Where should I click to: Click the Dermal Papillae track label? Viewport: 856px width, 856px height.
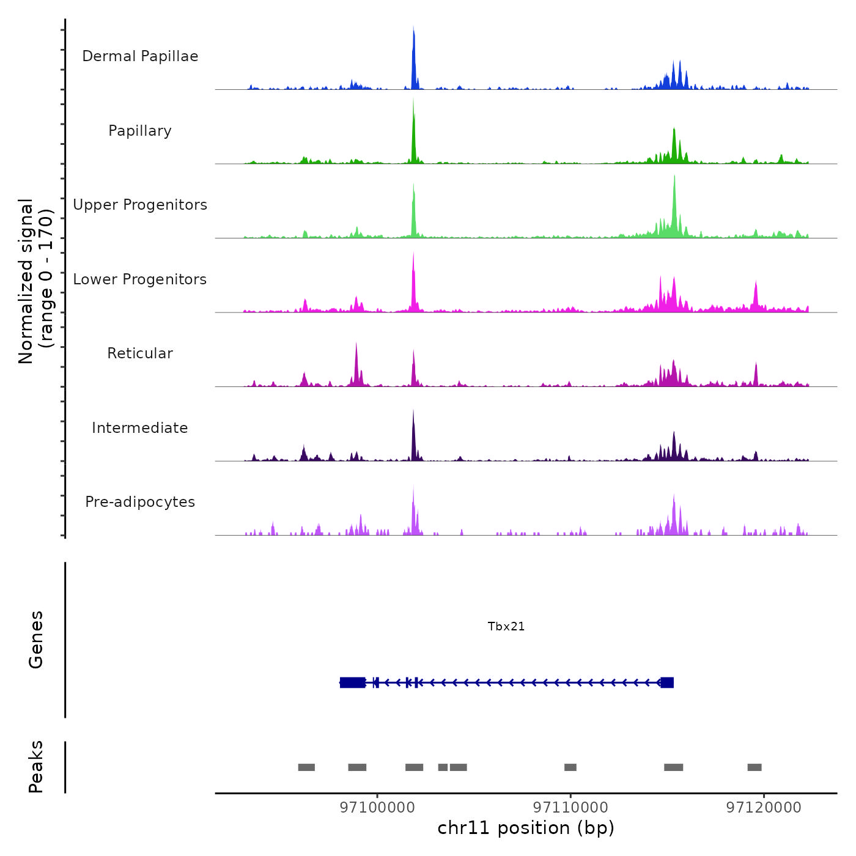[140, 56]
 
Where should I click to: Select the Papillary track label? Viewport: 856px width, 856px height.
[140, 131]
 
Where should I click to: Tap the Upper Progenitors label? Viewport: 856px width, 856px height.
[140, 205]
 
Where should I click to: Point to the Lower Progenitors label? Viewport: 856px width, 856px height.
[140, 279]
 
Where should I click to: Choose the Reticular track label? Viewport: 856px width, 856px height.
[140, 353]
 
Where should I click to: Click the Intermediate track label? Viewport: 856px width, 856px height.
[140, 428]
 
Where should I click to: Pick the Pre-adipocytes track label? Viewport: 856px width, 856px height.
[140, 502]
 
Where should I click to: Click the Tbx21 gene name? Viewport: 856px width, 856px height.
[506, 626]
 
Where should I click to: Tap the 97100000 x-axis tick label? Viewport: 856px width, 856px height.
[377, 807]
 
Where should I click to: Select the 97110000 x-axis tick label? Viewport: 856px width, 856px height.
[570, 807]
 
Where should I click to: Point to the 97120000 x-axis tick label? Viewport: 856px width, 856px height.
[764, 807]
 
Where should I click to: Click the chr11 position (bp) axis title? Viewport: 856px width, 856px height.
[526, 828]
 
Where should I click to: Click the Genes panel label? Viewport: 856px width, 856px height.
[36, 640]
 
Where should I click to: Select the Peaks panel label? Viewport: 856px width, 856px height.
[36, 767]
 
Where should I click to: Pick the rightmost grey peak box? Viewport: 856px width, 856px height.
[755, 767]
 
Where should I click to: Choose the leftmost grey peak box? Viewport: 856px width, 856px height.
[306, 767]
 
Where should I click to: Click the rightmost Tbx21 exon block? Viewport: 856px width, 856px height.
[667, 682]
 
